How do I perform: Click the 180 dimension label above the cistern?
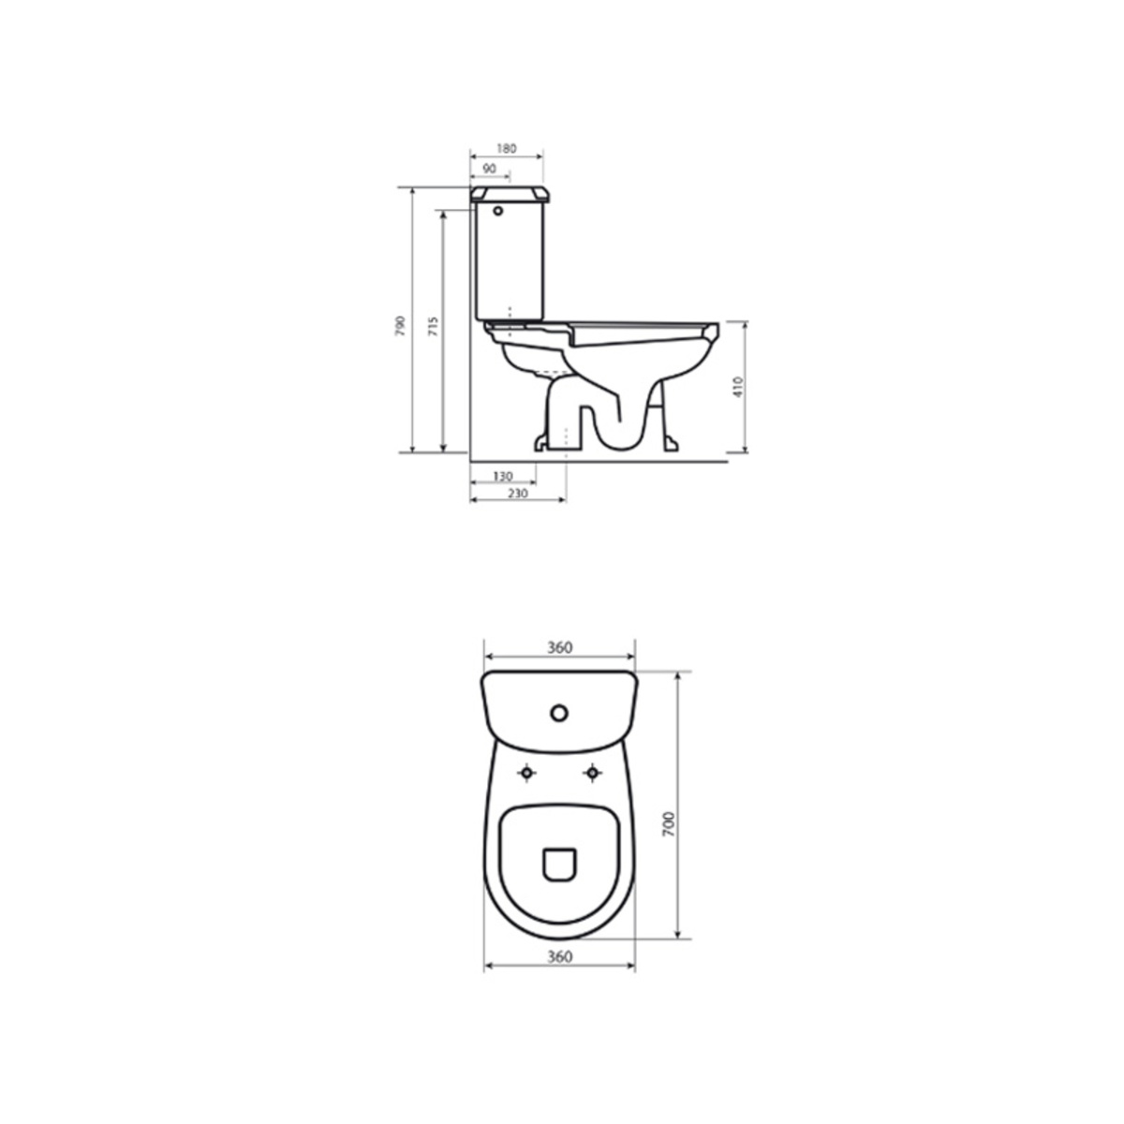[507, 149]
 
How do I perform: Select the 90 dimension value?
[489, 169]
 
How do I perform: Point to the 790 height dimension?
[400, 325]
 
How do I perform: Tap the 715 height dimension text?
[433, 326]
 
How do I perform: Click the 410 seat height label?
[738, 387]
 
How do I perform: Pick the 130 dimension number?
[503, 477]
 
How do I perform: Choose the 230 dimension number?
[517, 494]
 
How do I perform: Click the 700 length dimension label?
[669, 824]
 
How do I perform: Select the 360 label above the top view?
[559, 647]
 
